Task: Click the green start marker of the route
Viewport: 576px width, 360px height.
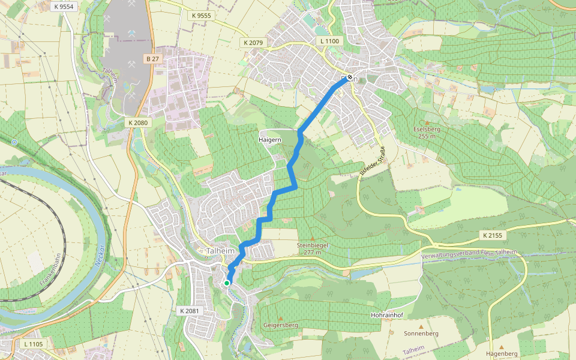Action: (x=227, y=283)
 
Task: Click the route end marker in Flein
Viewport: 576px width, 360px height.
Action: (x=350, y=77)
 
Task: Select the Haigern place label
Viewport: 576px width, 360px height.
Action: (x=269, y=139)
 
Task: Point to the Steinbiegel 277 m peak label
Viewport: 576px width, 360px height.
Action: (x=313, y=248)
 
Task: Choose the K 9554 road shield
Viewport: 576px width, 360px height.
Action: (x=63, y=7)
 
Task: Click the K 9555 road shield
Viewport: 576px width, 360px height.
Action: (x=202, y=16)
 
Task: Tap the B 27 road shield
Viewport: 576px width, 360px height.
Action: (x=152, y=59)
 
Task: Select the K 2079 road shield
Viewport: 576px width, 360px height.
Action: (x=254, y=43)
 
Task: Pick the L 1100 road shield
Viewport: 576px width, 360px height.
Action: (x=329, y=41)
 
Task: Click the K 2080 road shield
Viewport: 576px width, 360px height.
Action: (x=137, y=122)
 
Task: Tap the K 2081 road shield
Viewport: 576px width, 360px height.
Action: (x=189, y=311)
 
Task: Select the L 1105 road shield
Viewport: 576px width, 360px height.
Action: (x=34, y=344)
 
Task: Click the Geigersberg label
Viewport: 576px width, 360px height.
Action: (x=281, y=325)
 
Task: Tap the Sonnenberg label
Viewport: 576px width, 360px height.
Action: (x=421, y=334)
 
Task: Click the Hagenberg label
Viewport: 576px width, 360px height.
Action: (x=502, y=353)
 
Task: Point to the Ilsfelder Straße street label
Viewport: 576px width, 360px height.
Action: (x=371, y=161)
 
